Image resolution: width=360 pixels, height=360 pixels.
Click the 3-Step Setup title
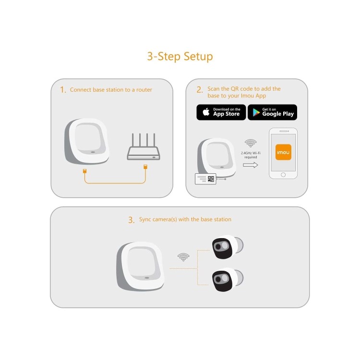point(180,57)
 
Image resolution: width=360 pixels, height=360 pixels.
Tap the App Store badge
point(221,112)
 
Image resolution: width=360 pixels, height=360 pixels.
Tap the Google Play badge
point(272,112)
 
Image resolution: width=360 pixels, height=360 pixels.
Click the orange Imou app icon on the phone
point(283,152)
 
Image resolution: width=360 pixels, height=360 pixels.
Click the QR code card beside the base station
point(205,179)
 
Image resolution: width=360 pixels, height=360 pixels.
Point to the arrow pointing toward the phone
point(251,165)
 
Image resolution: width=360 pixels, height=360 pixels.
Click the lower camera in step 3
point(227,279)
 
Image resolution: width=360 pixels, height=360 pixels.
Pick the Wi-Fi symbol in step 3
point(183,257)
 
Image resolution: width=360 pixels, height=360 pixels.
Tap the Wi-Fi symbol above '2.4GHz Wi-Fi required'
point(250,143)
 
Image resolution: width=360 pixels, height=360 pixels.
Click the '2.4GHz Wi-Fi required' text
point(250,155)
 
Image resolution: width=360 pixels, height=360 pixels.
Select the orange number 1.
point(63,90)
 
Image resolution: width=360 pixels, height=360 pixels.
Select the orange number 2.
point(199,90)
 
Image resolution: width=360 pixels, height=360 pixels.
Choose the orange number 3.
point(131,220)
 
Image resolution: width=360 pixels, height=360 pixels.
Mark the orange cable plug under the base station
point(85,170)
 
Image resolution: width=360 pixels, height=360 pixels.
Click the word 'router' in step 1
point(144,90)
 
